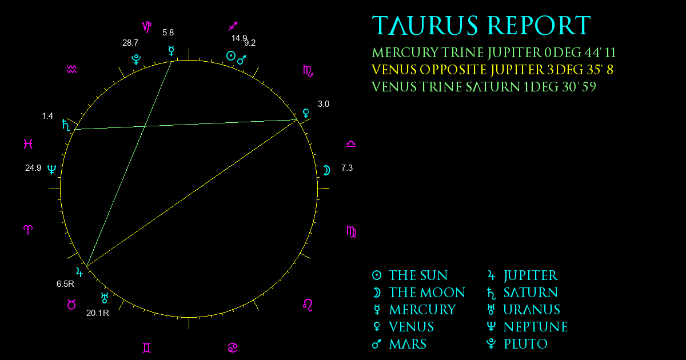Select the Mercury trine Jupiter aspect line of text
point(494,53)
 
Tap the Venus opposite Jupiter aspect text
point(492,70)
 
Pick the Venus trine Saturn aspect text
point(484,87)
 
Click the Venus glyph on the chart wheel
point(306,113)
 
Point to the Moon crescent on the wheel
point(327,170)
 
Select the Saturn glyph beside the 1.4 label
point(66,125)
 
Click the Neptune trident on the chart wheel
point(52,169)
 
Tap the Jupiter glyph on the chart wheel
point(79,272)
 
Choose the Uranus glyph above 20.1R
point(105,298)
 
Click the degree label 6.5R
point(65,284)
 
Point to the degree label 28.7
point(130,43)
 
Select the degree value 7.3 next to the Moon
point(347,168)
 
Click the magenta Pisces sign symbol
point(28,143)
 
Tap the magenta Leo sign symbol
point(308,305)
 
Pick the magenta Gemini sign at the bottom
point(147,348)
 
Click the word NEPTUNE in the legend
point(536,327)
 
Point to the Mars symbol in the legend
point(377,344)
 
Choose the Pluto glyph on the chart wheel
point(136,59)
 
